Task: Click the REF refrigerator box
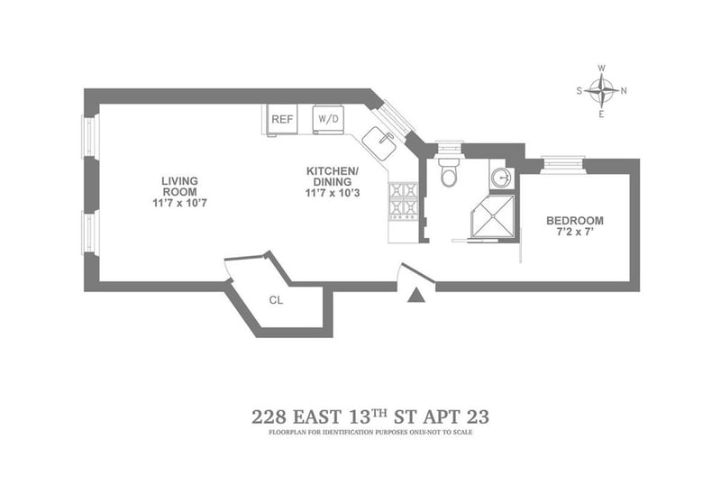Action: [x=282, y=119]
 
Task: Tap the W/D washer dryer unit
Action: [x=328, y=119]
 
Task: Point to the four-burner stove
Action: [x=403, y=201]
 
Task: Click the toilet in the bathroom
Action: [x=449, y=170]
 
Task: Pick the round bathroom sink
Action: [x=502, y=177]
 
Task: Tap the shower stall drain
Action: [x=492, y=215]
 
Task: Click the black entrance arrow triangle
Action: [x=415, y=295]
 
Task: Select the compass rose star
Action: [x=601, y=91]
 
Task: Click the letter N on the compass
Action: [x=624, y=91]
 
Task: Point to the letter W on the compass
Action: [x=601, y=69]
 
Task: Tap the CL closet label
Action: [x=276, y=300]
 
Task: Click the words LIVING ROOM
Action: [x=179, y=187]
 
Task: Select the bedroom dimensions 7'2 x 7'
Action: [x=575, y=232]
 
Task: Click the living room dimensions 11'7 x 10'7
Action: [x=179, y=203]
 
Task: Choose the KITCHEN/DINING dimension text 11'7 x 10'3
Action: [x=333, y=193]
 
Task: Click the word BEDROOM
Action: [x=575, y=220]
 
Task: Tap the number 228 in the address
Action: [x=269, y=417]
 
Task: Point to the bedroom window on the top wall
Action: [x=562, y=164]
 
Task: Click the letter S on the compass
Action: [x=580, y=91]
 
